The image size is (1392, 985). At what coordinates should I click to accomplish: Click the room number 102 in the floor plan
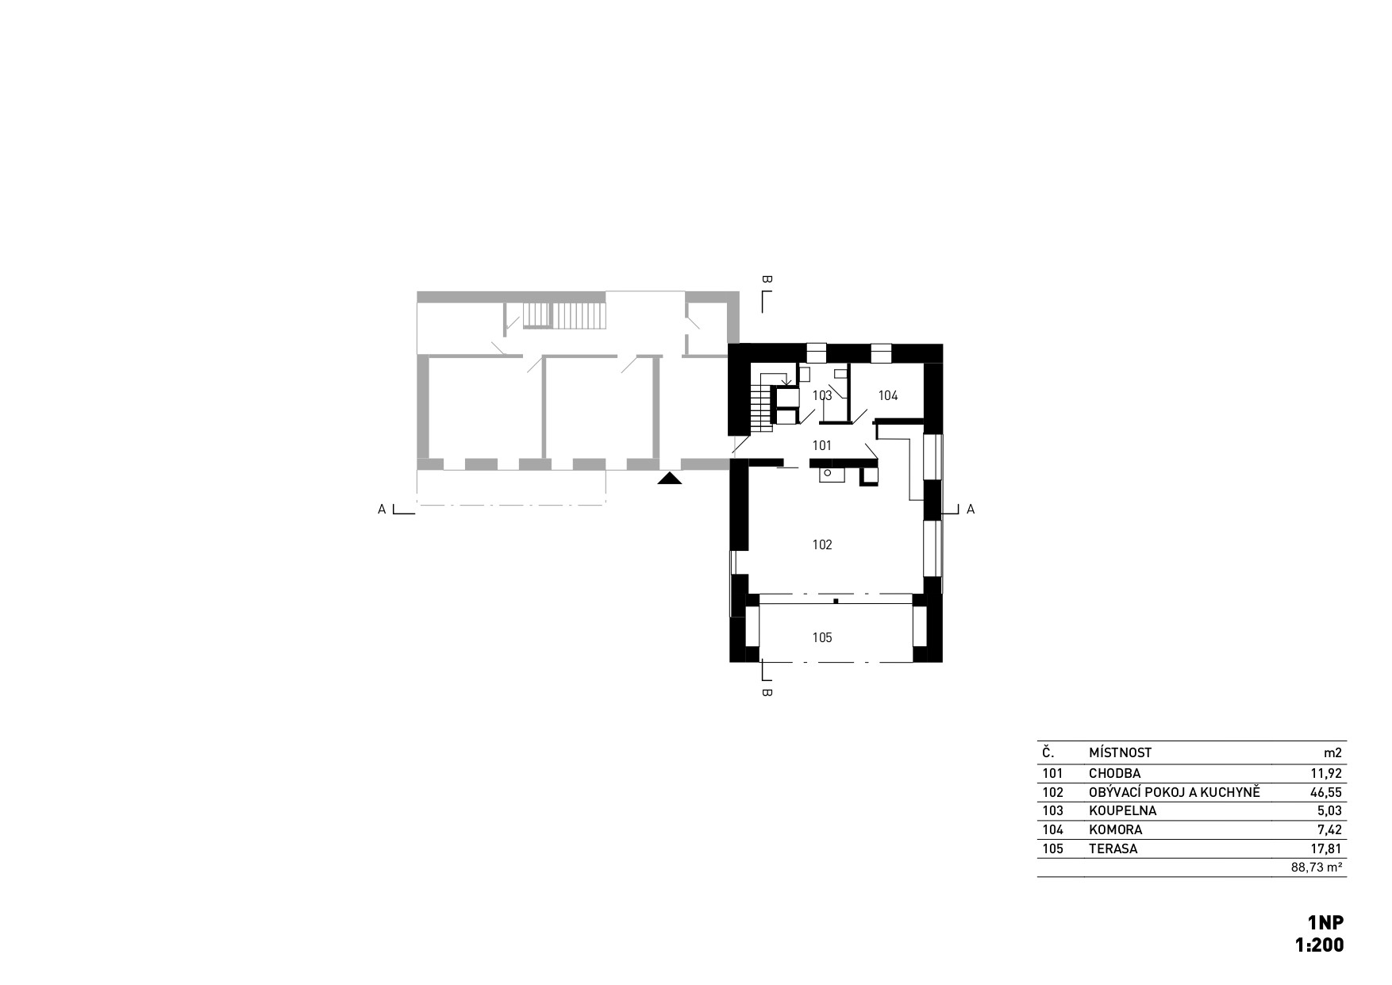coord(822,544)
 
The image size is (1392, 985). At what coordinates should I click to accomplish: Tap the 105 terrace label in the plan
coord(822,637)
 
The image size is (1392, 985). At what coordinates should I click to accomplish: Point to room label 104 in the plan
coord(888,395)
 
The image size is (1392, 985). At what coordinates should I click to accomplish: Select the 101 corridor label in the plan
coord(822,446)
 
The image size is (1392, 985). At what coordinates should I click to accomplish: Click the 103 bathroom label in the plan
coord(822,395)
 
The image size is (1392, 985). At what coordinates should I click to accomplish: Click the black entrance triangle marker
coord(670,479)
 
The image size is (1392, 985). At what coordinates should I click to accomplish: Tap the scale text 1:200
coord(1320,945)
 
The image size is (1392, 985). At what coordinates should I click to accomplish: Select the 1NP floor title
coord(1326,922)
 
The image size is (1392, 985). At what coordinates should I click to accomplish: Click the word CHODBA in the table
coord(1114,773)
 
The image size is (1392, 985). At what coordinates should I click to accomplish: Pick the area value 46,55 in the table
coord(1325,792)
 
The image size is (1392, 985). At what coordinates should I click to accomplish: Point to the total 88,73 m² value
coord(1317,868)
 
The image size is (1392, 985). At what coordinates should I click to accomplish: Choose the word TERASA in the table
coord(1113,848)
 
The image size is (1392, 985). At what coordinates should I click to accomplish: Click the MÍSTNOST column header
coord(1120,752)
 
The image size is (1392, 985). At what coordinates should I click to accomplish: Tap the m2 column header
coord(1333,752)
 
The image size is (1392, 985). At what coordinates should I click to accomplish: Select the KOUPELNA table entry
coord(1122,811)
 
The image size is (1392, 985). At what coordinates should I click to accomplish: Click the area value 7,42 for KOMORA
coord(1329,829)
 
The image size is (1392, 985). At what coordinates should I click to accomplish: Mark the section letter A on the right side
coord(970,510)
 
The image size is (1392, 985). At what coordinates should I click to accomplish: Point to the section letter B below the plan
coord(767,692)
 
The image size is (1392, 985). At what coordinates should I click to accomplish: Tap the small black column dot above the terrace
coord(836,601)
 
